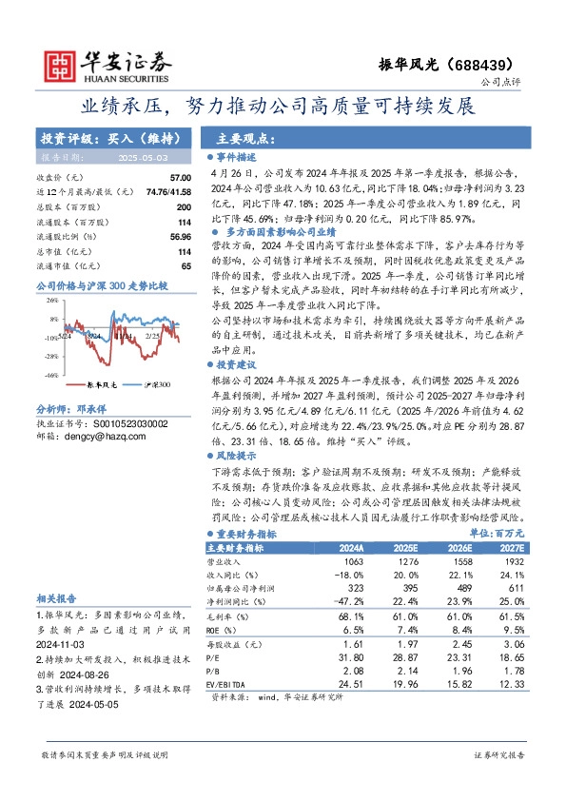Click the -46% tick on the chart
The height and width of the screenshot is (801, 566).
[x=48, y=349]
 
